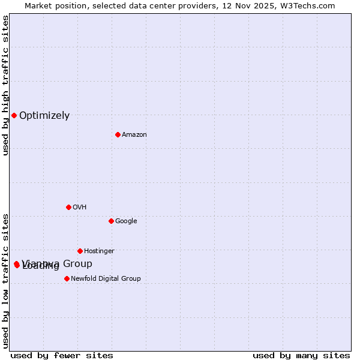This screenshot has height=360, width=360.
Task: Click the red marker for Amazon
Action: coord(118,134)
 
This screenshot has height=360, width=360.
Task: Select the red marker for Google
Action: coord(111,221)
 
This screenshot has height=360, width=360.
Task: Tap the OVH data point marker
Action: coord(68,207)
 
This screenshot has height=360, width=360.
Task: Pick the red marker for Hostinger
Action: coord(80,251)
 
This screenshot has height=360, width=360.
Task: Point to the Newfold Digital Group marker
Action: coord(67,278)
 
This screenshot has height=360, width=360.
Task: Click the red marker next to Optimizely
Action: coord(14,115)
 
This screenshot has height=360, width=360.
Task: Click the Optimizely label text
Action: coord(44,116)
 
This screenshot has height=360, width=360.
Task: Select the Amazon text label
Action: coord(134,135)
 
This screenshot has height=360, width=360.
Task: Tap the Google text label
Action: coord(126,221)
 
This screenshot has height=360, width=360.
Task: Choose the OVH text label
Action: coord(80,208)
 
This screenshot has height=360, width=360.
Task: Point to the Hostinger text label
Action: coord(99,251)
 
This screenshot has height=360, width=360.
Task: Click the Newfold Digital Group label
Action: coord(106,279)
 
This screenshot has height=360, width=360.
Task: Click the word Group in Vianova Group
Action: coord(78,263)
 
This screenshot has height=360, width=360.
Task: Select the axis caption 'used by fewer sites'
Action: coord(62,356)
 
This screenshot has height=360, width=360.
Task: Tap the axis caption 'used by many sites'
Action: coord(301,356)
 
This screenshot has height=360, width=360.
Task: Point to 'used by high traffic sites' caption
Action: coord(5,85)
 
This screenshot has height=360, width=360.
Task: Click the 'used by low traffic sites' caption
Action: coord(5,281)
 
